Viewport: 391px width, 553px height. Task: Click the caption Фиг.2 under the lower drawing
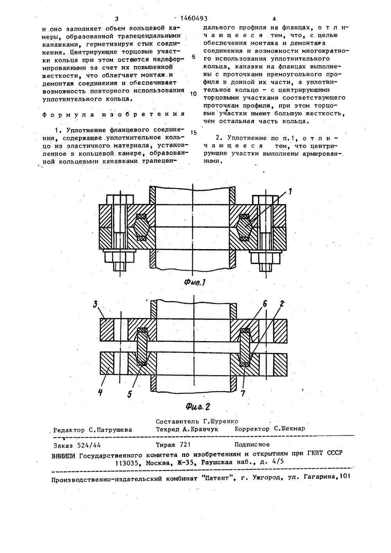[198, 406]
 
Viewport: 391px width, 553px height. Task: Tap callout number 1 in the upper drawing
[290, 191]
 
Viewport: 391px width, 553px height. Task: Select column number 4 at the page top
[274, 19]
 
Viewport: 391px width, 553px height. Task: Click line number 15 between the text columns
[193, 132]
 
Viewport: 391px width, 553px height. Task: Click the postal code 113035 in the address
[128, 462]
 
